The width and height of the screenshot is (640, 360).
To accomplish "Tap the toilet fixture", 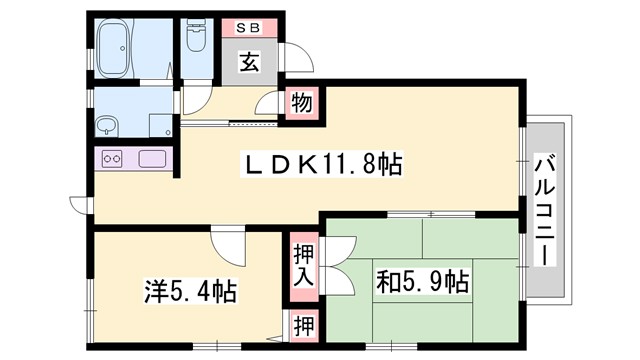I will point(196,42).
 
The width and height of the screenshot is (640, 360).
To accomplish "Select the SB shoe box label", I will point(251,27).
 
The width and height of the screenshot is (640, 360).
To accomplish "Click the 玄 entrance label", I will point(251,61).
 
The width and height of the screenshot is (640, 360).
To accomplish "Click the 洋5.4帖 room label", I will point(190,292).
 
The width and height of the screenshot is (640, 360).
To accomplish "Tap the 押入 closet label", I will point(303,266).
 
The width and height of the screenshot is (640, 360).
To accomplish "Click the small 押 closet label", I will point(303,325).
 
